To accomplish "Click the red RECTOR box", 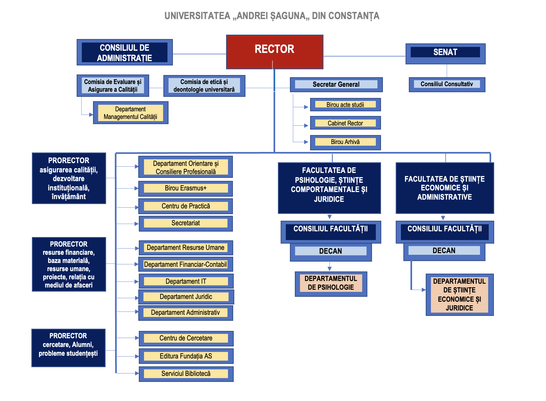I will pyautogui.click(x=275, y=52).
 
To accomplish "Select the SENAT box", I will pyautogui.click(x=445, y=54).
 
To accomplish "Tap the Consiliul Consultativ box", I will pyautogui.click(x=447, y=84).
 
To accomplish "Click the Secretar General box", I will pyautogui.click(x=336, y=85).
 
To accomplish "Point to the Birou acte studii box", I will pyautogui.click(x=345, y=105).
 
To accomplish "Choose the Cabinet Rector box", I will pyautogui.click(x=345, y=123).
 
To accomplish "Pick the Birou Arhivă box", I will pyautogui.click(x=345, y=142).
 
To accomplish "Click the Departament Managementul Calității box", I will pyautogui.click(x=130, y=113).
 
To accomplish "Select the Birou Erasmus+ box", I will pyautogui.click(x=185, y=188).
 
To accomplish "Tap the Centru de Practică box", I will pyautogui.click(x=185, y=206).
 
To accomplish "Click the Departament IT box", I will pyautogui.click(x=186, y=281).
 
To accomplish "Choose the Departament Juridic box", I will pyautogui.click(x=186, y=297).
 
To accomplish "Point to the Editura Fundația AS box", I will pyautogui.click(x=186, y=356).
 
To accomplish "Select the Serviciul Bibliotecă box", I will pyautogui.click(x=186, y=374).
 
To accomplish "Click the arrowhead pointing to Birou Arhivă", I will pyautogui.click(x=306, y=142).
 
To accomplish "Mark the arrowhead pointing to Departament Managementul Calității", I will pyautogui.click(x=91, y=115).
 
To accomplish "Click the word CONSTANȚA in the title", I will pyautogui.click(x=354, y=16).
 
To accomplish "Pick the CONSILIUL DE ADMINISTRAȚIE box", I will pyautogui.click(x=125, y=52).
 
